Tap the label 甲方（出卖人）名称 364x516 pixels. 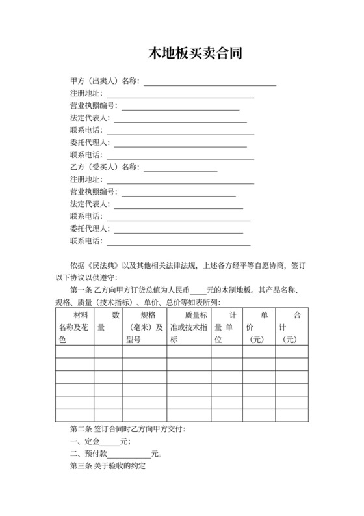click(x=104, y=81)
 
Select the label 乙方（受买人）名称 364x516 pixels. click(x=104, y=167)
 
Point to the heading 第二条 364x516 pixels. click(x=80, y=429)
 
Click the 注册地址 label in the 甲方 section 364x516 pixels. click(x=86, y=94)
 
